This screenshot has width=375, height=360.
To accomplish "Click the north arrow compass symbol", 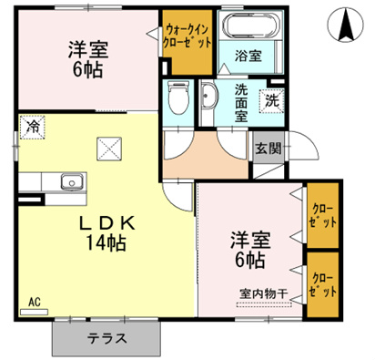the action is pyautogui.click(x=345, y=24).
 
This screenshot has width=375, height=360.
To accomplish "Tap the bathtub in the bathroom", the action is pyautogui.click(x=250, y=26).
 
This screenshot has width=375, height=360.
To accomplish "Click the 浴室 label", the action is pyautogui.click(x=248, y=56).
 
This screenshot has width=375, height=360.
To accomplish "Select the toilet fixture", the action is pyautogui.click(x=177, y=98).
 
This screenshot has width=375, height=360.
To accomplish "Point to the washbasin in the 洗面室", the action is pyautogui.click(x=208, y=96).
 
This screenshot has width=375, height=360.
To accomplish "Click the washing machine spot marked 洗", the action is pyautogui.click(x=272, y=101).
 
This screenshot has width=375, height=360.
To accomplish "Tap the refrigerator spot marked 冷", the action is pyautogui.click(x=33, y=127).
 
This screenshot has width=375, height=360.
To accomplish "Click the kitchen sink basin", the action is pyautogui.click(x=72, y=181).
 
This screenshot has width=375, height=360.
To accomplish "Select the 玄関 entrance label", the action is pyautogui.click(x=269, y=149).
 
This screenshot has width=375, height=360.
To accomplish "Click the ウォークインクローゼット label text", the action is pyautogui.click(x=187, y=36).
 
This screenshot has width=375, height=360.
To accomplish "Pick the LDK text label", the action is pyautogui.click(x=106, y=224).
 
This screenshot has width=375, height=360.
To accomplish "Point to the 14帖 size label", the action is pyautogui.click(x=106, y=242).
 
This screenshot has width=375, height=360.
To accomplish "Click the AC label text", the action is pyautogui.click(x=35, y=302).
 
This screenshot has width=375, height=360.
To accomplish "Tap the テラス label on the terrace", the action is pyautogui.click(x=106, y=338).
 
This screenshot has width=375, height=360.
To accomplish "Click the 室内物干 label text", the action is pyautogui.click(x=264, y=293).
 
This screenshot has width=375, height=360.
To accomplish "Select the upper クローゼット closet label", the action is pyautogui.click(x=323, y=216).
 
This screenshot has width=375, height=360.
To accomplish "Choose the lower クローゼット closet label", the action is pyautogui.click(x=323, y=285).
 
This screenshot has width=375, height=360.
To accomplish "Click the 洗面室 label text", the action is pyautogui.click(x=241, y=103).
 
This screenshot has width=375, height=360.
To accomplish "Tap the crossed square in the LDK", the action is pyautogui.click(x=109, y=149).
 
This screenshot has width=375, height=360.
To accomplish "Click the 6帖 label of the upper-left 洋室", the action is pyautogui.click(x=87, y=69).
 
